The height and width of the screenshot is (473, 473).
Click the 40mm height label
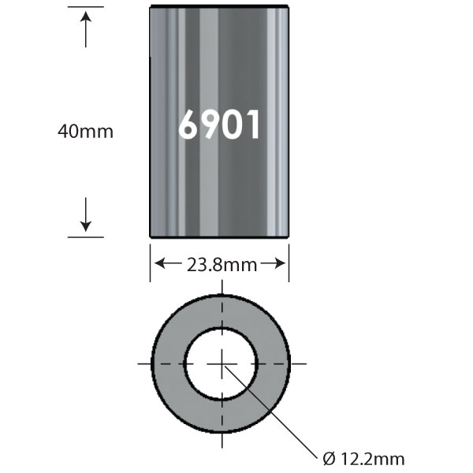[x=85, y=132]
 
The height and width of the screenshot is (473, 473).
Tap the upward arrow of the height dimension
[x=86, y=28]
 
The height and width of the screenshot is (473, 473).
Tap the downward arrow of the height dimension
[x=86, y=217]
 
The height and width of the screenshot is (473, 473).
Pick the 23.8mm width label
[x=220, y=265]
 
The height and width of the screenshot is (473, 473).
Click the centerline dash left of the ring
[x=146, y=363]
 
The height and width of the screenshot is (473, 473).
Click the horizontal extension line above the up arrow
[x=85, y=7]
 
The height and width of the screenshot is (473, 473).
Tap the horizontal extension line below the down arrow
[x=85, y=236]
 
